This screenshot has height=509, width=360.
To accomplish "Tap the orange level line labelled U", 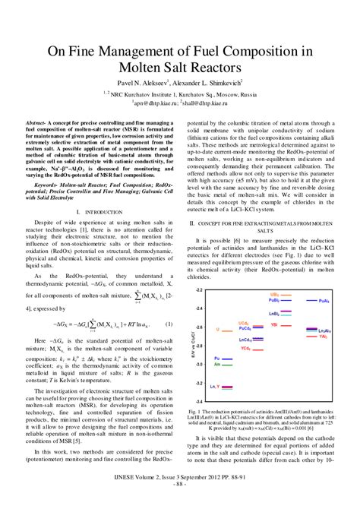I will [227, 330].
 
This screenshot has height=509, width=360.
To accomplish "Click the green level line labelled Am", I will [227, 365].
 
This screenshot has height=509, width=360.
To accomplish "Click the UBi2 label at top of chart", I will [274, 293].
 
